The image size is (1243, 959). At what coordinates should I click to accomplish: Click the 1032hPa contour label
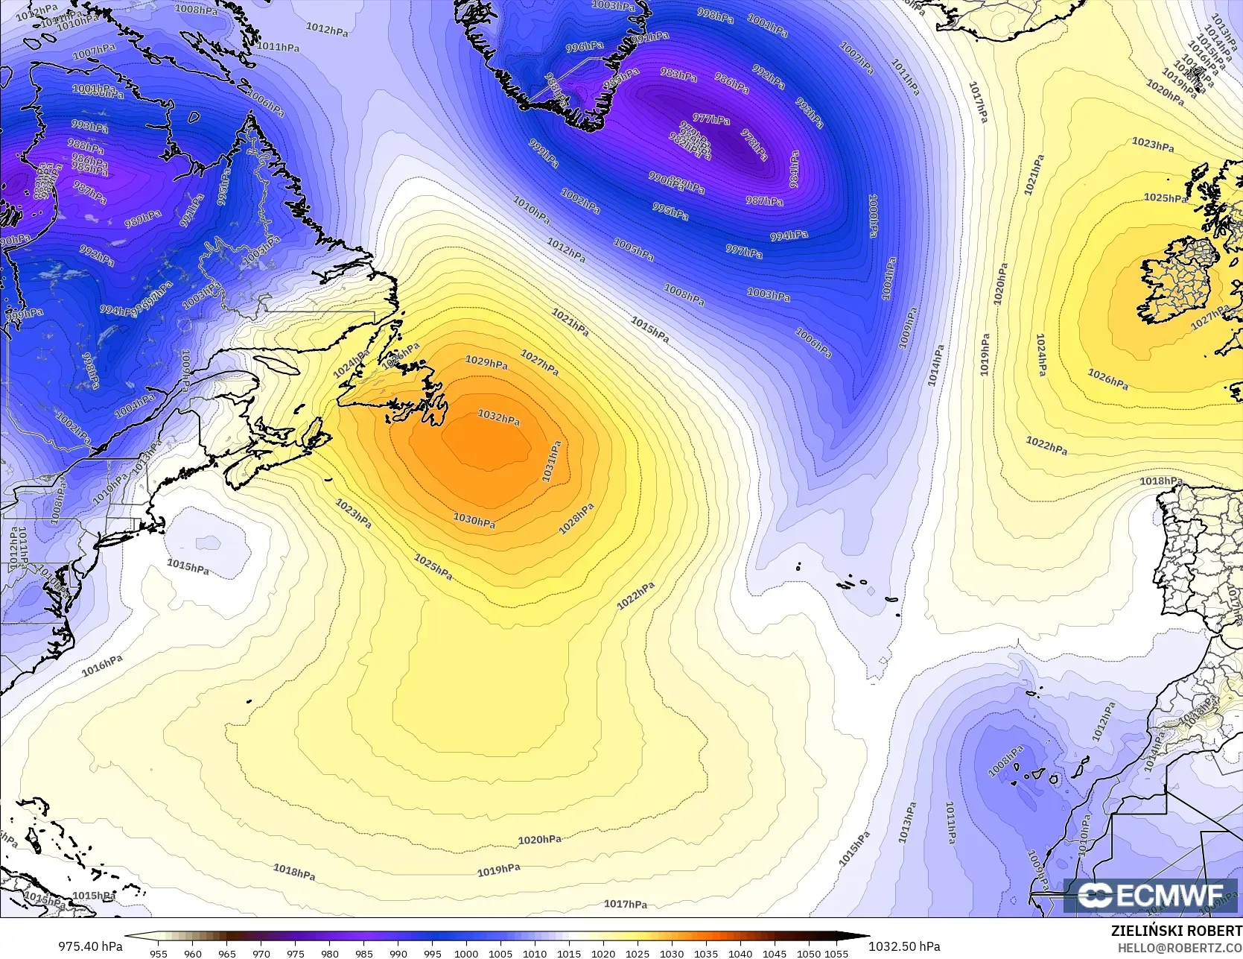(498, 417)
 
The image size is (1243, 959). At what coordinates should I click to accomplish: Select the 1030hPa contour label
(474, 520)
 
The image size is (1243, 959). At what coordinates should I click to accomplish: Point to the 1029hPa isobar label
(486, 362)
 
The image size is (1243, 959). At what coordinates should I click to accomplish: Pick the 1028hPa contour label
(576, 519)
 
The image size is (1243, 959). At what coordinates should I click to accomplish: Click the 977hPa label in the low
(711, 118)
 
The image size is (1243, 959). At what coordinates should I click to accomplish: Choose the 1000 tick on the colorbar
(466, 953)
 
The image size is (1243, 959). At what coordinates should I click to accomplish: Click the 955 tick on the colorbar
(159, 953)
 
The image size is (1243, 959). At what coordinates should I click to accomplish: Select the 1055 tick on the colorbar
(836, 953)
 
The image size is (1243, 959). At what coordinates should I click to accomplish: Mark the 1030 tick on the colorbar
(672, 953)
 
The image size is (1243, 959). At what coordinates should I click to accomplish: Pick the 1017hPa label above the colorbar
(625, 905)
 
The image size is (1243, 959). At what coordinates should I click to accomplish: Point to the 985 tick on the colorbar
(363, 953)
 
